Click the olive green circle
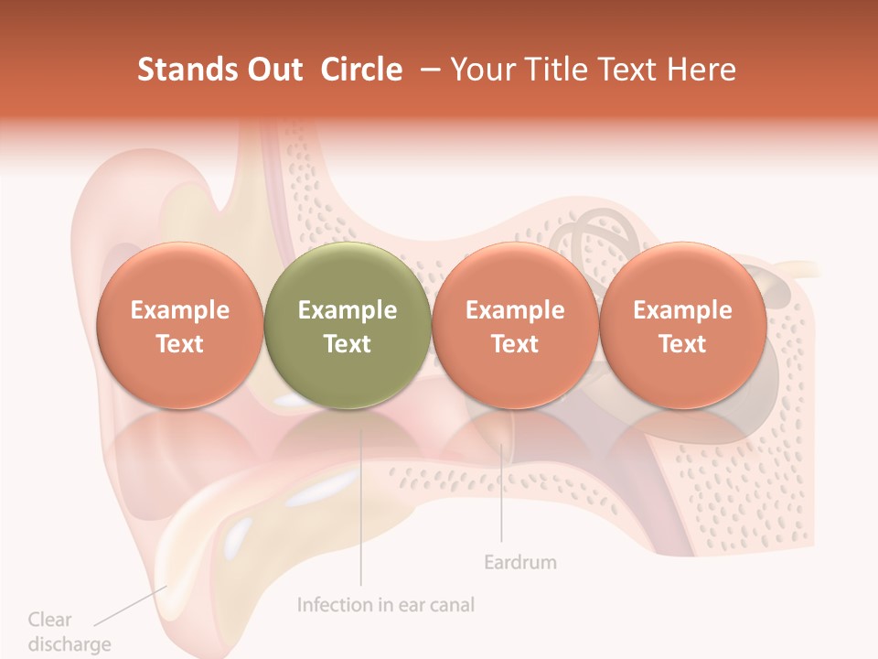348,326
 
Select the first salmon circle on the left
179,326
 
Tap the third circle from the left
515,326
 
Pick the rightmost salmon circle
682,326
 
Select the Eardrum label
519,562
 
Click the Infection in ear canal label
386,605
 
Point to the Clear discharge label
69,632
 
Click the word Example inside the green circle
348,310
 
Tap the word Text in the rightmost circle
682,344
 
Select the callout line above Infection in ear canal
360,513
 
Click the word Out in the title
273,70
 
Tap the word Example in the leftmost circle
179,310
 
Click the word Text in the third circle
515,344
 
